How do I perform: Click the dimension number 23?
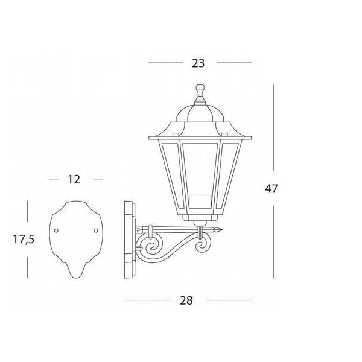coord(198,63)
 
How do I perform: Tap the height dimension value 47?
coord(271,189)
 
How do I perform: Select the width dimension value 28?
coord(186,300)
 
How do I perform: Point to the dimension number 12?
coord(74,179)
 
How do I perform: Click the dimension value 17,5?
coord(24,239)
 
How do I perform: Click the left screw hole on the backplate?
coord(56,230)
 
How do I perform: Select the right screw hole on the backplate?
coord(96,230)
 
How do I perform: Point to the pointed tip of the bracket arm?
coord(222,230)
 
